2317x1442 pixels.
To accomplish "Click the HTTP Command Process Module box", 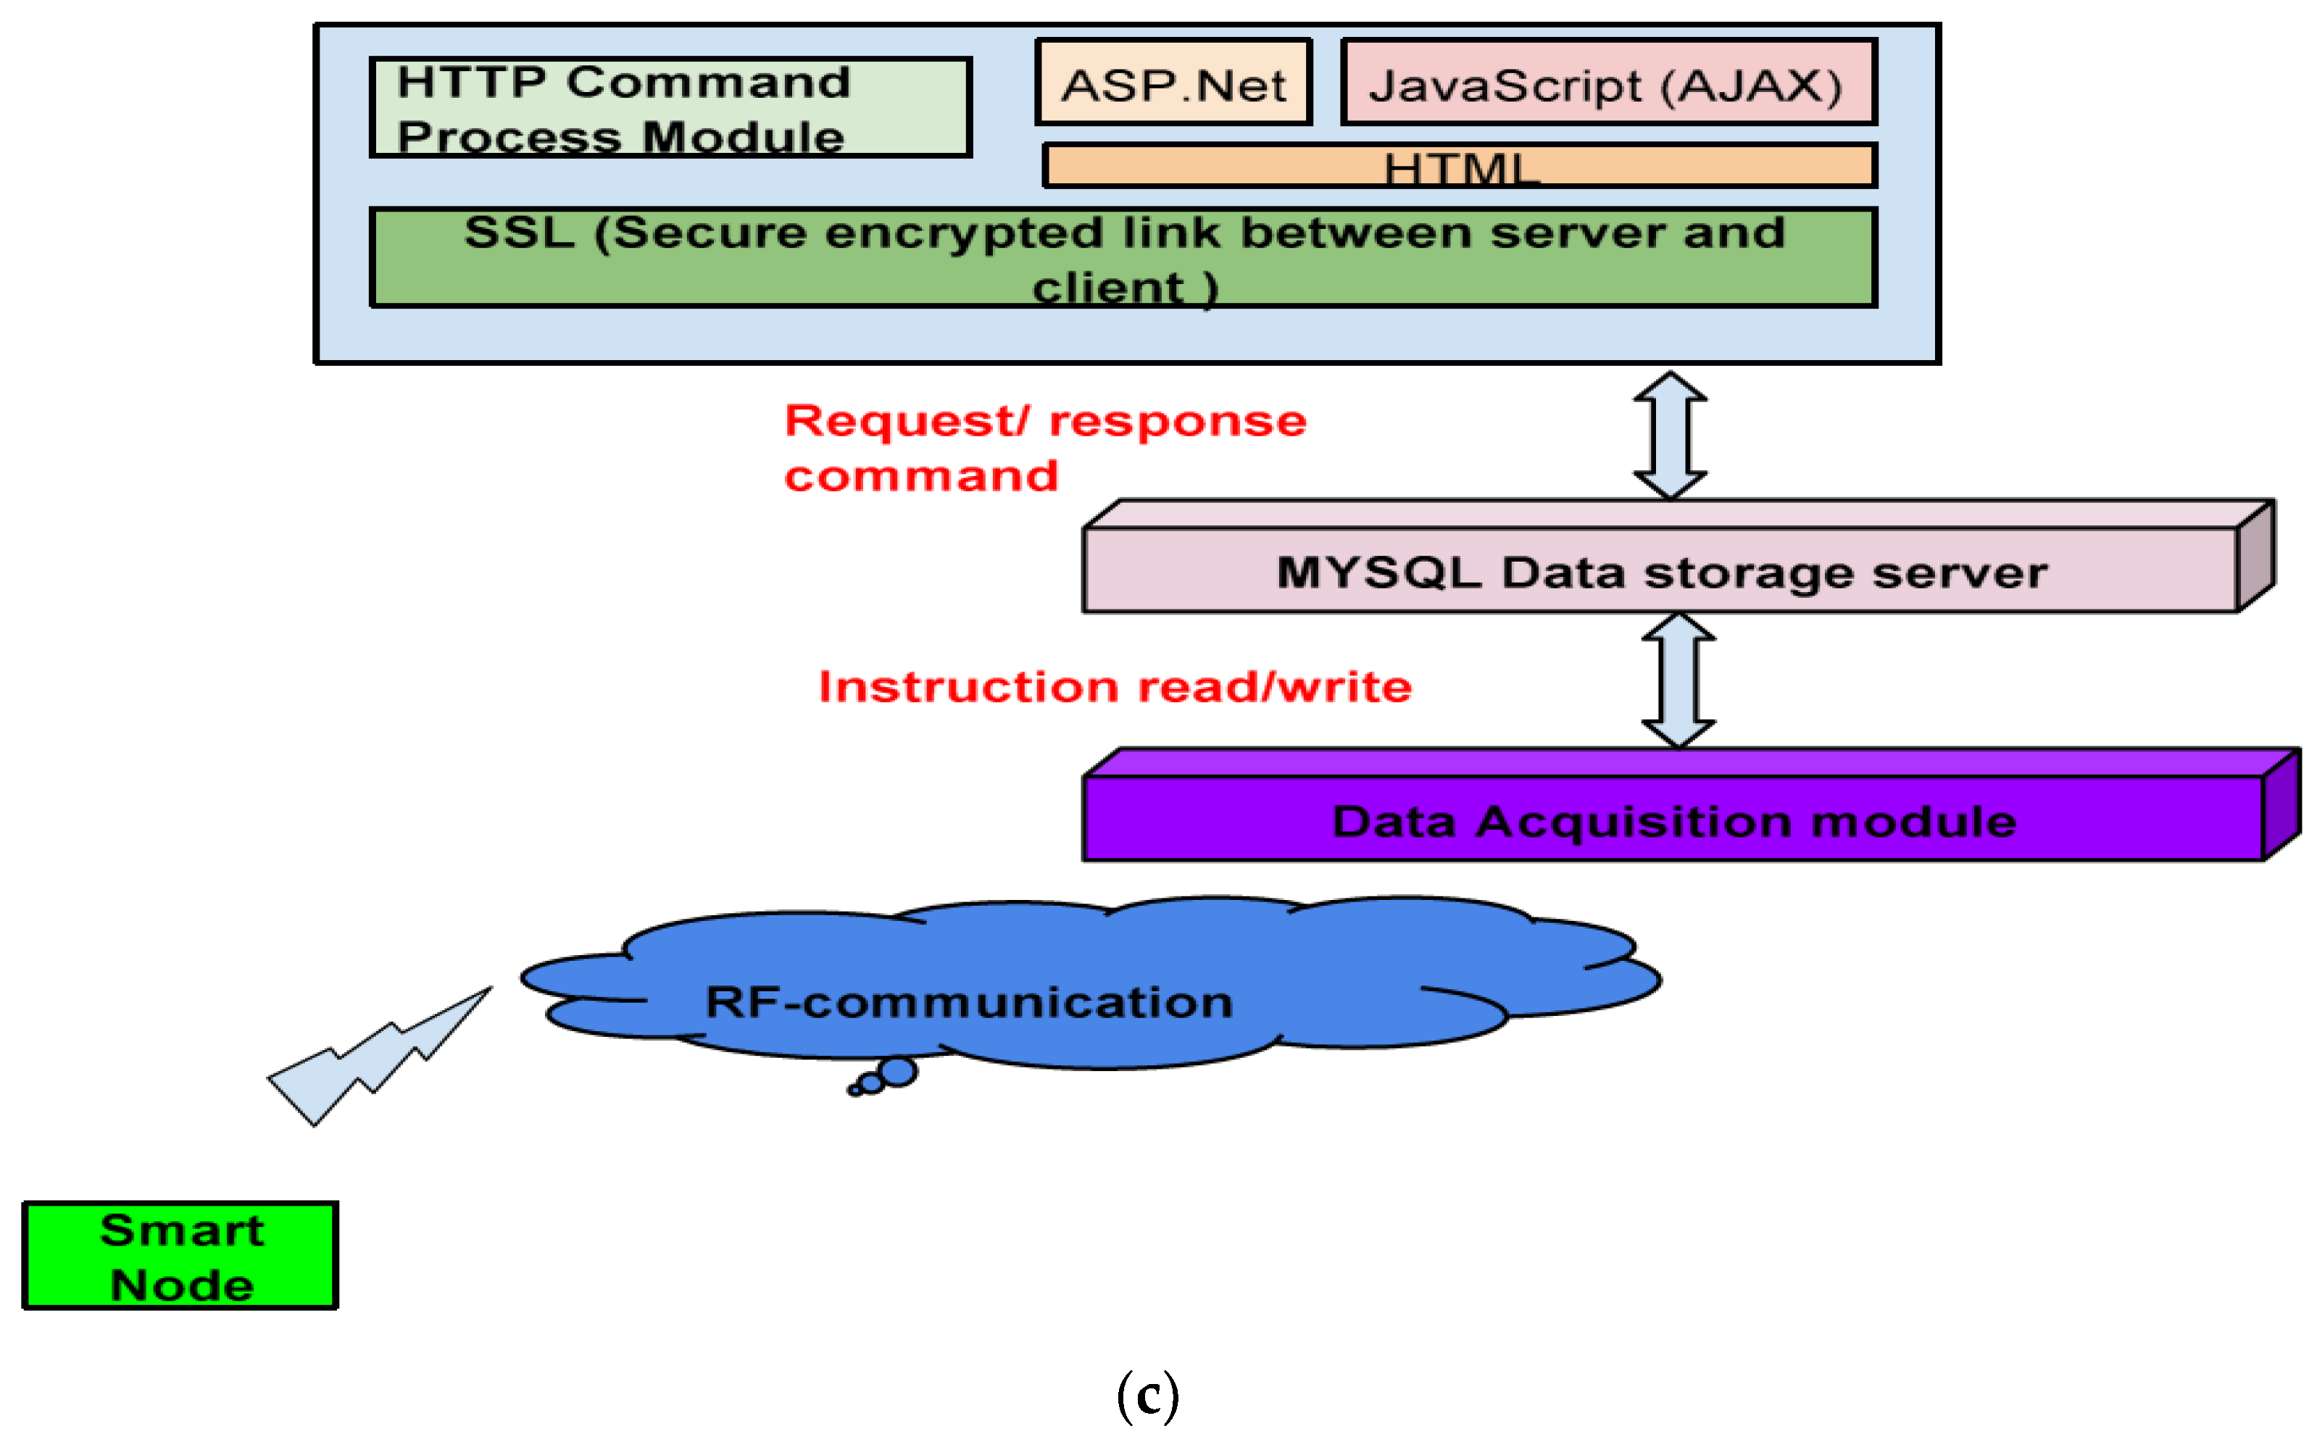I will pos(670,108).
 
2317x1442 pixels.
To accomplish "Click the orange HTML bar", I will pos(1460,167).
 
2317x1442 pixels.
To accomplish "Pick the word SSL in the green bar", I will pos(520,233).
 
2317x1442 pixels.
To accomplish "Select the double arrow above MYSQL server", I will pos(1671,435).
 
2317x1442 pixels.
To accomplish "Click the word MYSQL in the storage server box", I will pos(1378,573).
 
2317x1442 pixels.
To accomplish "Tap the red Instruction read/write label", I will pos(1115,687).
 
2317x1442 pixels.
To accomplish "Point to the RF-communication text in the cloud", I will pos(968,1002).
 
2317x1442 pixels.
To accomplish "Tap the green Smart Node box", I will pos(180,1255).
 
